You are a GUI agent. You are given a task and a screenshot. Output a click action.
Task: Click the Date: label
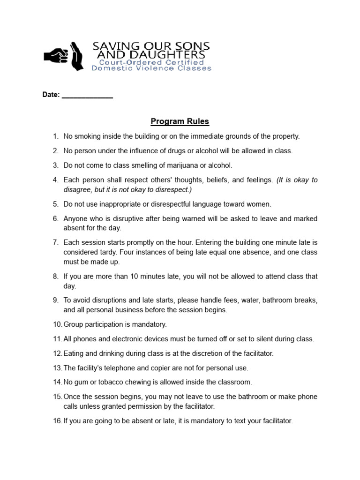tap(51, 95)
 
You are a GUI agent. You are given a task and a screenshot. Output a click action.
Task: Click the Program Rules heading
tap(180, 122)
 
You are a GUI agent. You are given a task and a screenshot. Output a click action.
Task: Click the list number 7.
tap(55, 242)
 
